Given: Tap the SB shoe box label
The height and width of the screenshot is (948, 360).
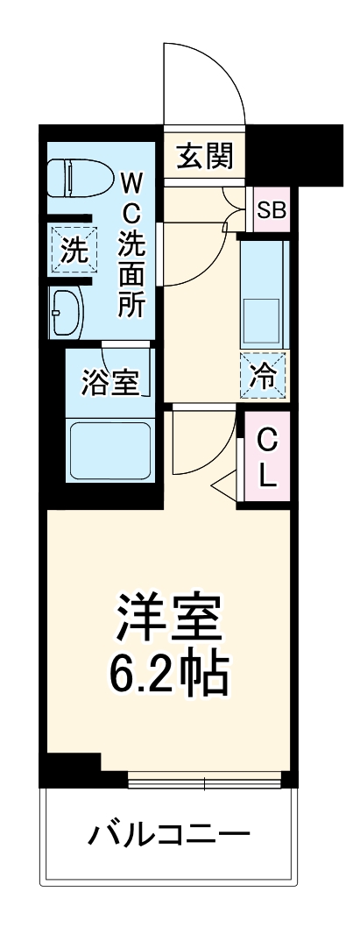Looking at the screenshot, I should click(x=269, y=210).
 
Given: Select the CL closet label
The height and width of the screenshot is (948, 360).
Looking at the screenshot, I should click(x=268, y=458).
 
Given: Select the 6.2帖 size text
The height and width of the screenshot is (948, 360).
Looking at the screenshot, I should click(x=169, y=673).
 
